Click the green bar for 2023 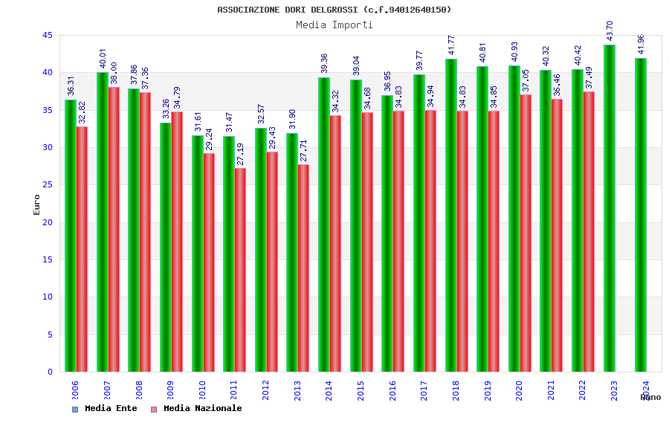pyautogui.click(x=610, y=208)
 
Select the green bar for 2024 pyautogui.click(x=641, y=215)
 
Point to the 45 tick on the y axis pyautogui.click(x=47, y=35)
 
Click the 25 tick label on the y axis pyautogui.click(x=47, y=185)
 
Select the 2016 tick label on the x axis pyautogui.click(x=392, y=390)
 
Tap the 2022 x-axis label pyautogui.click(x=582, y=390)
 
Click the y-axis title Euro pyautogui.click(x=37, y=204)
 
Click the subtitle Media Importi pyautogui.click(x=334, y=25)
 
